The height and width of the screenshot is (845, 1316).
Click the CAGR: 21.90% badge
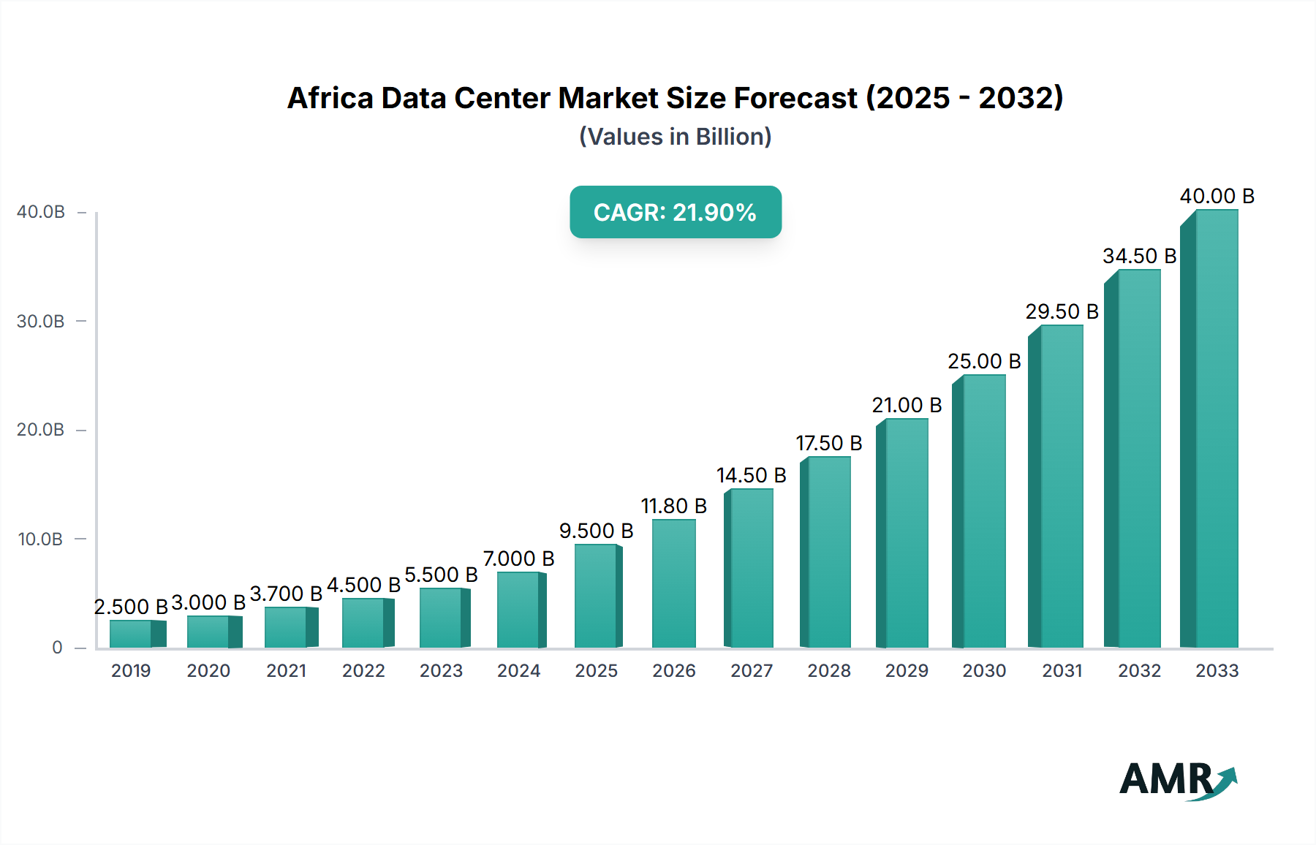click(675, 212)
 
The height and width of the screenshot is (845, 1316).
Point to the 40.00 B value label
click(1217, 196)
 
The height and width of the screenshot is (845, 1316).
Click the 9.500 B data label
click(596, 531)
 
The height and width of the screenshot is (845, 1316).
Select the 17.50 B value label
click(828, 443)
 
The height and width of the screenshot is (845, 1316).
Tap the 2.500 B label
click(131, 607)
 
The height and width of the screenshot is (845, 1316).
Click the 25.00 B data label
click(984, 361)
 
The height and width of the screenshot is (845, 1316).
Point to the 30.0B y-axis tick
click(41, 321)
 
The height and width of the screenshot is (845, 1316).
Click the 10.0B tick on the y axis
click(41, 539)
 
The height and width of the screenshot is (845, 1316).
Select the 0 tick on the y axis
click(57, 648)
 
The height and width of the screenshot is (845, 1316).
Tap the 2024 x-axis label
click(518, 670)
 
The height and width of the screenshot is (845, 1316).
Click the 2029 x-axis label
click(906, 670)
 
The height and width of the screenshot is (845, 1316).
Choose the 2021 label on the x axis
click(286, 670)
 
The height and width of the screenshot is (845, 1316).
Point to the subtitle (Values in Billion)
click(675, 137)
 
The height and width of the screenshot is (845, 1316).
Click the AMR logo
click(1176, 780)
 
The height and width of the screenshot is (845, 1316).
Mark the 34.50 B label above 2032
click(1139, 256)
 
